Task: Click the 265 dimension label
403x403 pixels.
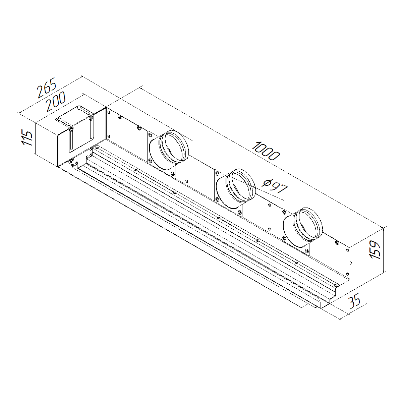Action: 47,88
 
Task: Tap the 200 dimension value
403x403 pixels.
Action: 56,102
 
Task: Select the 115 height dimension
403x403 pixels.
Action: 27,138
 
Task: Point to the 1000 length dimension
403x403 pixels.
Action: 266,151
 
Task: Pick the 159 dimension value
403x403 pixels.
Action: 375,249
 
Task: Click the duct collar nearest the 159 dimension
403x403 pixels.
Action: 303,227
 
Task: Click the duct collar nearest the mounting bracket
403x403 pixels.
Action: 169,150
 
